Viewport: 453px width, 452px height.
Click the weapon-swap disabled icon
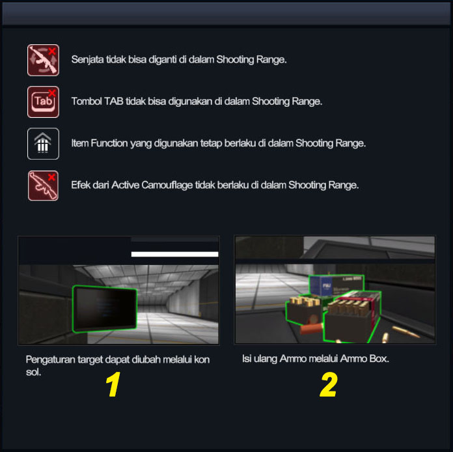tap(44, 60)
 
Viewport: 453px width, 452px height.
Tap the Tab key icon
tap(44, 102)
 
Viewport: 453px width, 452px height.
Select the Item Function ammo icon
tap(44, 143)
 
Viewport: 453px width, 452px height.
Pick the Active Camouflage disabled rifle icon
tap(43, 186)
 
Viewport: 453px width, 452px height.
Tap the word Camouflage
tap(167, 185)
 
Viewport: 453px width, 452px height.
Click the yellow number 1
tap(113, 384)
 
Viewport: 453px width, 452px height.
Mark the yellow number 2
tap(329, 385)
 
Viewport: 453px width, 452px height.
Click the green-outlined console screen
tap(105, 309)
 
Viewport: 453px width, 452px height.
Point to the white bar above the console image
tap(175, 254)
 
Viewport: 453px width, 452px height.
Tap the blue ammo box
tap(322, 286)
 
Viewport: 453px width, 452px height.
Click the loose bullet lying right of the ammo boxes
tap(406, 332)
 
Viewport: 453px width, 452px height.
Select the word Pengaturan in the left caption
tap(50, 360)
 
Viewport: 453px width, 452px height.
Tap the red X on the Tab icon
tap(52, 93)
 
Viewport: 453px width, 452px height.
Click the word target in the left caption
tap(90, 360)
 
